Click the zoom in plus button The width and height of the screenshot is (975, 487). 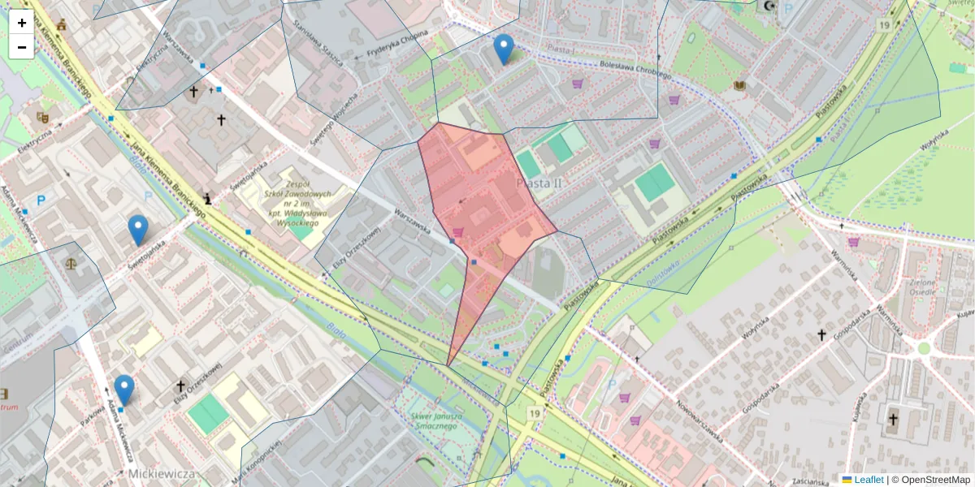tap(22, 23)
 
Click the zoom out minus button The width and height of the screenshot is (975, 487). tap(22, 47)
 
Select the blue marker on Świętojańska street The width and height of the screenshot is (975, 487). tap(138, 231)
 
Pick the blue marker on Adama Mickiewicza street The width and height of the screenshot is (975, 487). tap(123, 390)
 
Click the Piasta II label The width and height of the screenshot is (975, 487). tap(539, 183)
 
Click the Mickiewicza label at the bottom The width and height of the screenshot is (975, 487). tap(162, 472)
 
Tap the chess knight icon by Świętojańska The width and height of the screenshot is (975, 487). tap(210, 197)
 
